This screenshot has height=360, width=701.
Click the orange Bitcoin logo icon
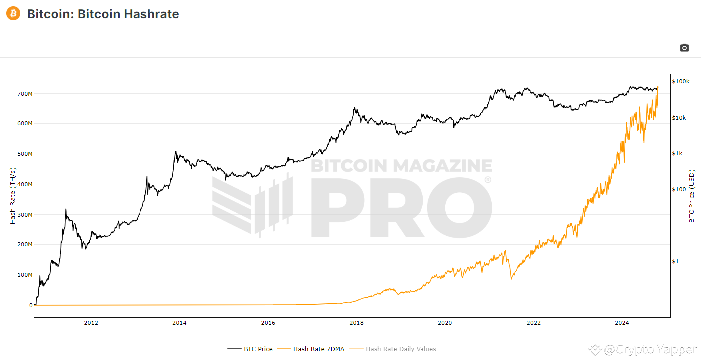pos(13,13)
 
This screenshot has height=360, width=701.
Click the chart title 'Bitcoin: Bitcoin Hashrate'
pos(103,14)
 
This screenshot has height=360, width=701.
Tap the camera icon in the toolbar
pos(684,48)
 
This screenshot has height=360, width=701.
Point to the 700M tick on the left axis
pos(25,94)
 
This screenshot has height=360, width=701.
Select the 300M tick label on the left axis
pos(25,215)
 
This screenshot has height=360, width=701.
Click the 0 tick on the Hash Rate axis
pos(31,305)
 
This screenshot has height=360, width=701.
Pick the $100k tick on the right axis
pos(680,81)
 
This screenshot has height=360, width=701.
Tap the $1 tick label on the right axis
pos(675,261)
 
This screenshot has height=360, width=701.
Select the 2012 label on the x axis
pos(91,323)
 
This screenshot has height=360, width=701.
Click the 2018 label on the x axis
pos(356,323)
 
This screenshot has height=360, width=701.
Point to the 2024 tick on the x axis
pos(622,323)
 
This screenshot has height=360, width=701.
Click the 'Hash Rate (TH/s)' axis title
pos(13,195)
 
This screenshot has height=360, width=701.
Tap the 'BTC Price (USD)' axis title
pos(691,196)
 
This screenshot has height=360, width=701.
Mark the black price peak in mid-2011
pos(66,210)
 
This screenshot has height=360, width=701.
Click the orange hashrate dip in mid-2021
pos(511,278)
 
